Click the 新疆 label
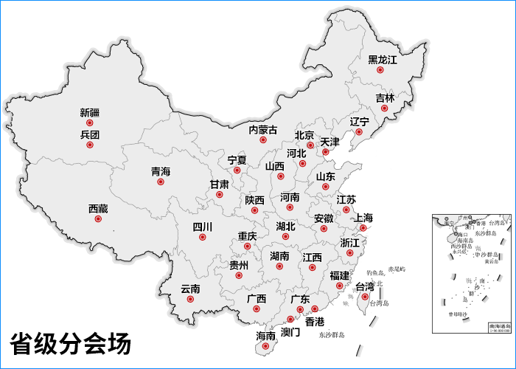coord(90,113)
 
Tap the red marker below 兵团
coord(90,145)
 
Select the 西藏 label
coord(98,209)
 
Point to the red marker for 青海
coord(161,182)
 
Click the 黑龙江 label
coord(382,59)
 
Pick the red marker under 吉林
coord(384,108)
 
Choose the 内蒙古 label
coord(263,130)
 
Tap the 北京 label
coord(304,135)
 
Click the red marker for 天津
coord(325,152)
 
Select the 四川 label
coord(202,227)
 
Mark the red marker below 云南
coord(190,300)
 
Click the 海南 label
coord(265,336)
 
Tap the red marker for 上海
coord(363,228)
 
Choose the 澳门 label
coord(290,332)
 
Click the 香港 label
coord(315,322)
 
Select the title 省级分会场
coord(70,344)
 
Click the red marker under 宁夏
coord(237,170)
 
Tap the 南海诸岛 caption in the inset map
coord(498,325)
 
